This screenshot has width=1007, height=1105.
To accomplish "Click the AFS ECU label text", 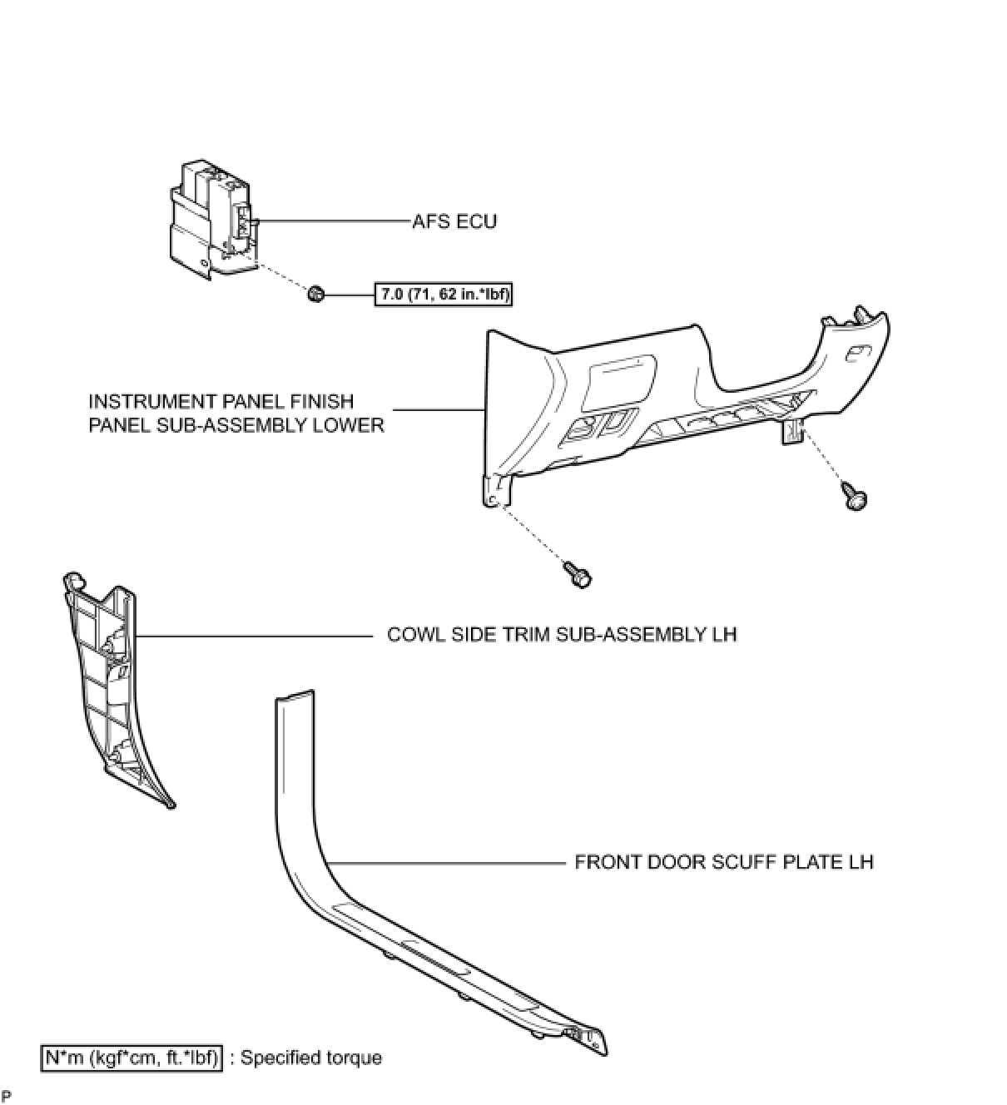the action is [454, 221].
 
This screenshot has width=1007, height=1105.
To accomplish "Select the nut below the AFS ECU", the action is [315, 295].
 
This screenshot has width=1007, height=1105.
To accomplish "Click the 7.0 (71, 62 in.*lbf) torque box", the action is [444, 295].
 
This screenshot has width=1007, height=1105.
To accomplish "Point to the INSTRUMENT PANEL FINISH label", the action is [221, 402].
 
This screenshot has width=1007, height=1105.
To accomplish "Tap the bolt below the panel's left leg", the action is [578, 574].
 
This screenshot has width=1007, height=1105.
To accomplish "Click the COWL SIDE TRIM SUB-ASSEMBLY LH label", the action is [562, 635].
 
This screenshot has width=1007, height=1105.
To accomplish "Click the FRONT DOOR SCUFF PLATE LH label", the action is [724, 862].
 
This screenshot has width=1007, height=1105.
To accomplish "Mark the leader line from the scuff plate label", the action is [446, 862].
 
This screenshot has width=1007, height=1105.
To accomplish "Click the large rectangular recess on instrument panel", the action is [622, 382].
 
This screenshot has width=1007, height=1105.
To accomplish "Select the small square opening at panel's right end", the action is [856, 352].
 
